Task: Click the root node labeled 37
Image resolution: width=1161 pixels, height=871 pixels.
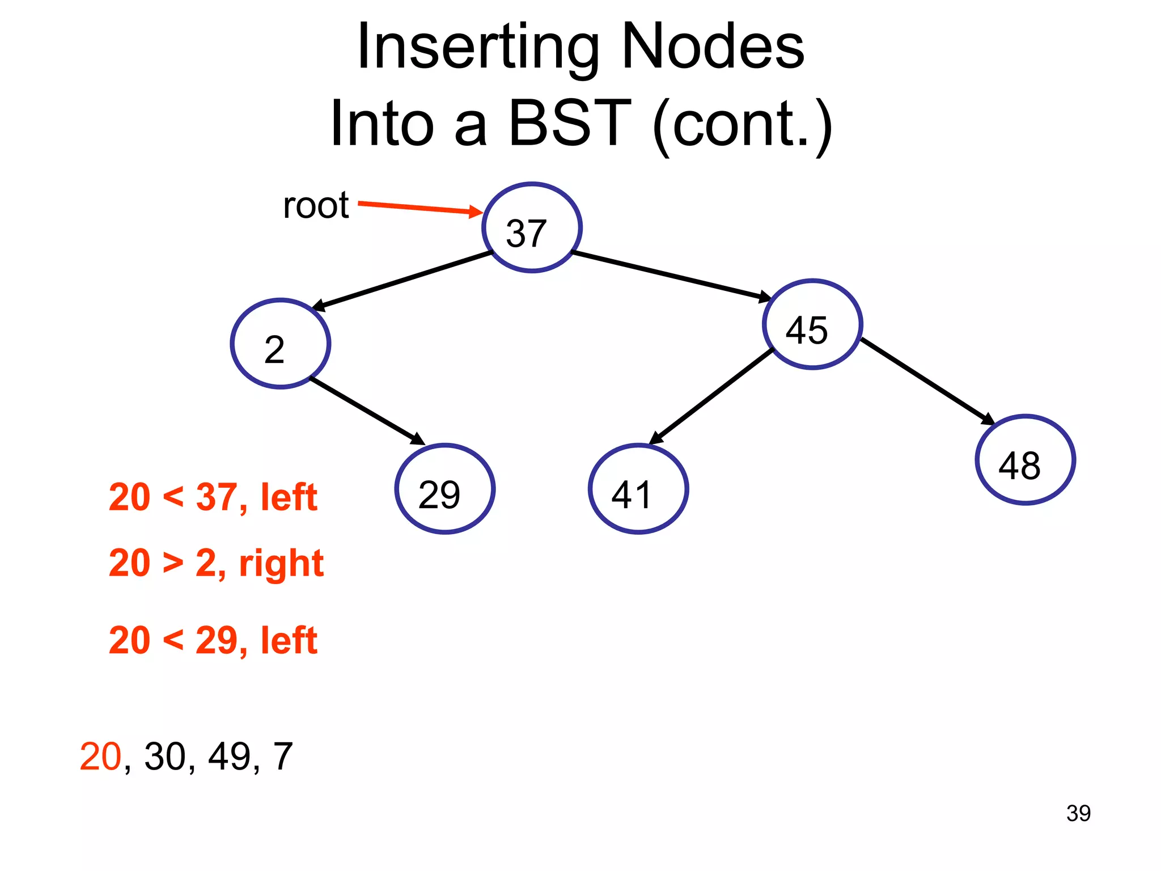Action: click(x=532, y=228)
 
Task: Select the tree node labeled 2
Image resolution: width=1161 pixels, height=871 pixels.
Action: click(x=281, y=344)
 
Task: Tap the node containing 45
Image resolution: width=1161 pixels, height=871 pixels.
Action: click(x=812, y=325)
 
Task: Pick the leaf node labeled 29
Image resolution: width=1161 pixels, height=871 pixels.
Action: click(x=445, y=489)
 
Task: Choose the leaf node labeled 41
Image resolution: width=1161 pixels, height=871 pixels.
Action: click(x=638, y=489)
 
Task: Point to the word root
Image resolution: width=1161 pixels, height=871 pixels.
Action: click(x=316, y=205)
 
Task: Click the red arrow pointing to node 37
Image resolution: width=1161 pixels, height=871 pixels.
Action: click(x=420, y=208)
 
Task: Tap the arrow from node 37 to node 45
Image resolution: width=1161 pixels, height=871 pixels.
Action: click(x=672, y=275)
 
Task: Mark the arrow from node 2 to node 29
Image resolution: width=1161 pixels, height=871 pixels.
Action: click(x=367, y=411)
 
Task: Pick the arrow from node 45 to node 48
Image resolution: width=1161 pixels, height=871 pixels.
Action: click(x=927, y=381)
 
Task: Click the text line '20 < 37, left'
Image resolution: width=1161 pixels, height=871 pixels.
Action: click(x=213, y=497)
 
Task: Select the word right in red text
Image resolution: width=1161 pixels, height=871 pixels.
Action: click(x=281, y=564)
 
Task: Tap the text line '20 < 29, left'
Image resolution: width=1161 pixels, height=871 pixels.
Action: click(x=213, y=641)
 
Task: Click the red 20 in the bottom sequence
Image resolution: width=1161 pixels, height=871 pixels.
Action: click(x=100, y=756)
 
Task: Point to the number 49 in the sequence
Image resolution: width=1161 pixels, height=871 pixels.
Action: click(x=230, y=756)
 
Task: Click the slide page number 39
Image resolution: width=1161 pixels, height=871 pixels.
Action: click(x=1078, y=813)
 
